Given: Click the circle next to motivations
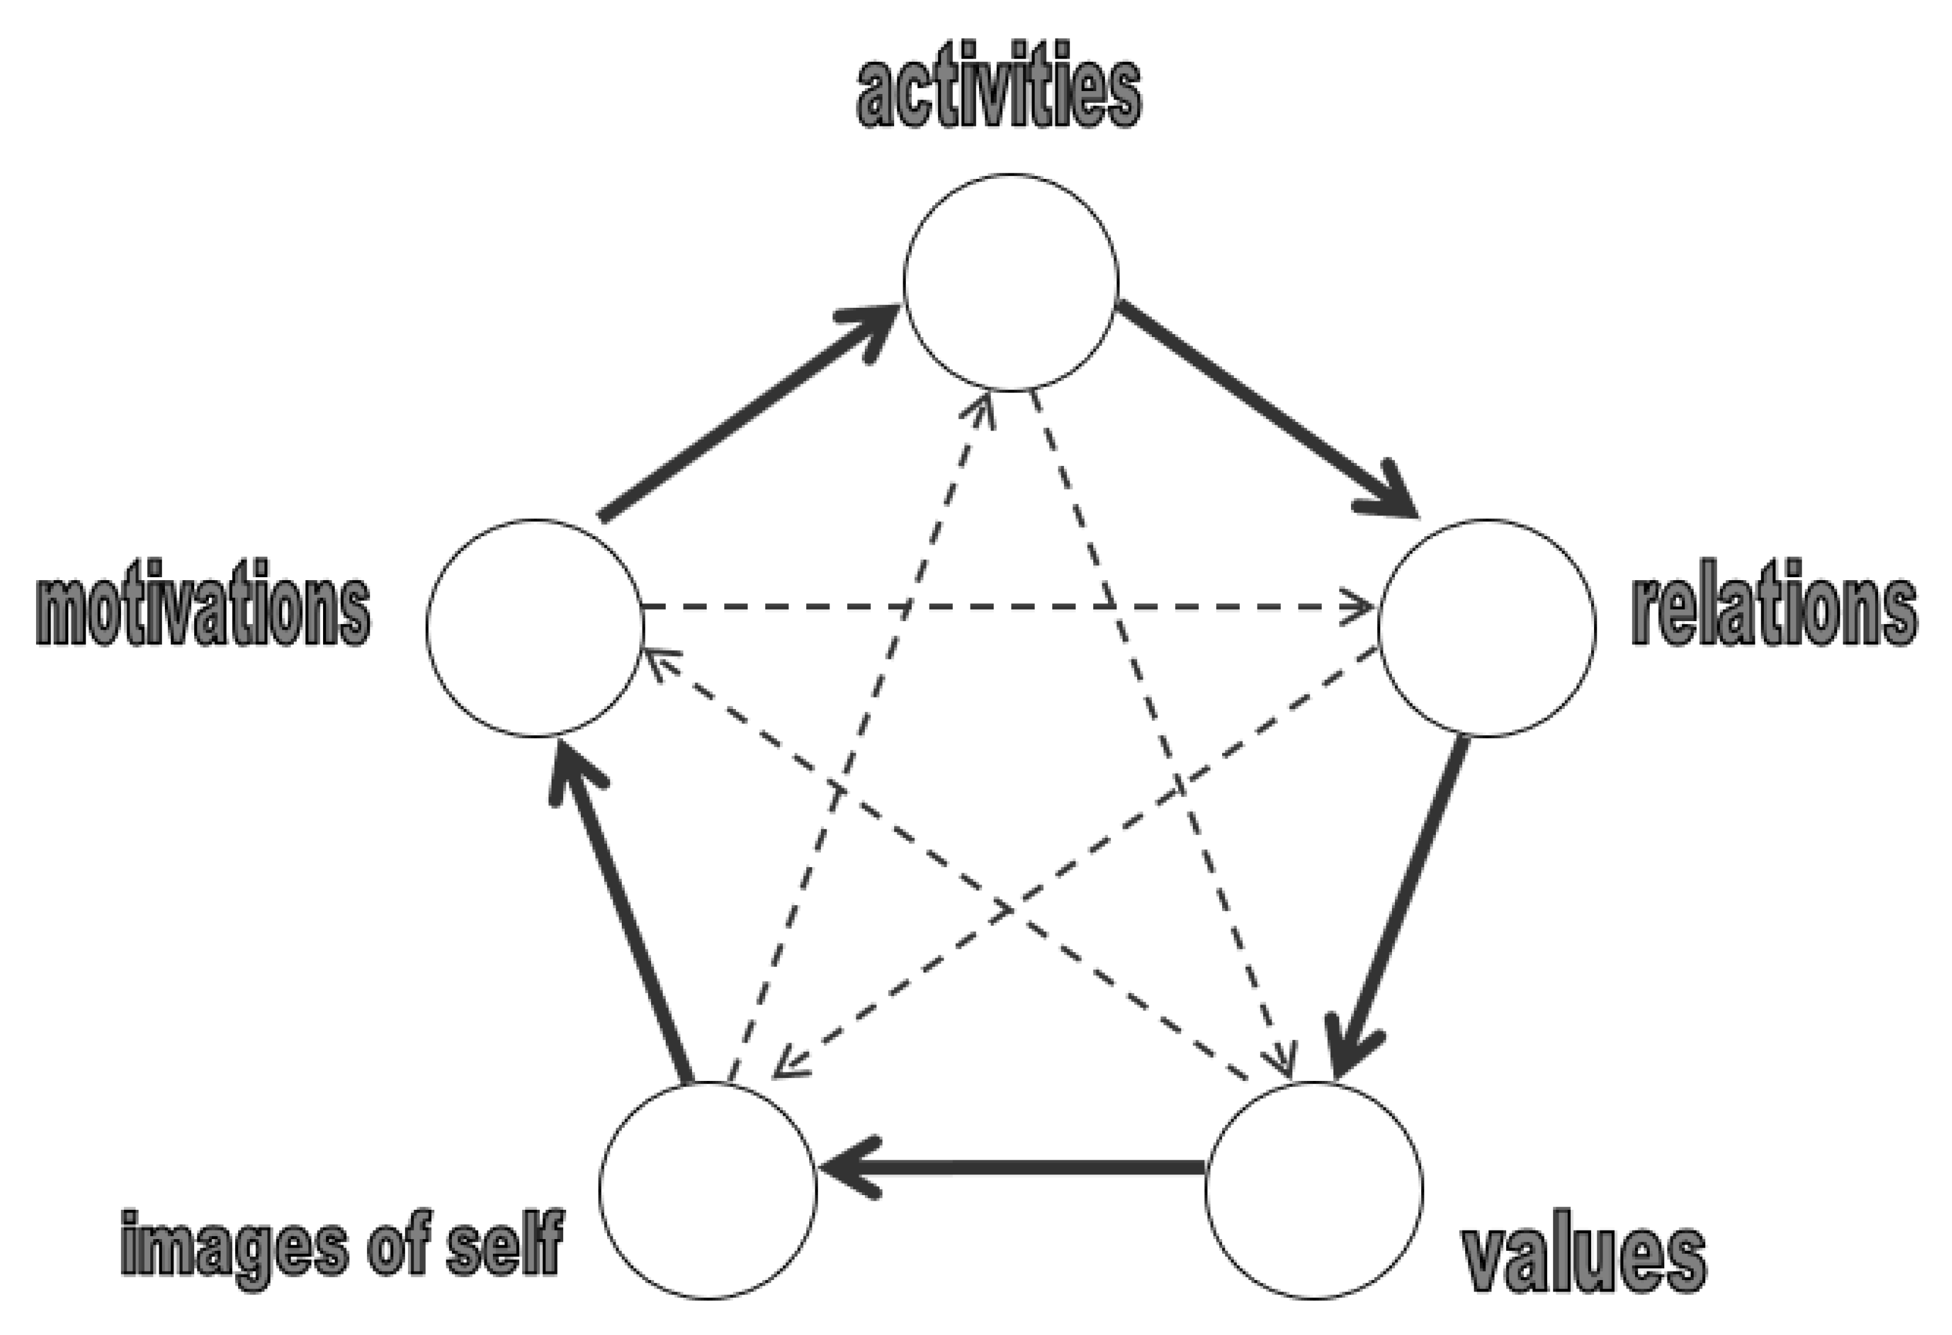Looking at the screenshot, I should (535, 628).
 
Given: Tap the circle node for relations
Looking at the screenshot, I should (1487, 628).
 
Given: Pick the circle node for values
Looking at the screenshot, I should (1314, 1191).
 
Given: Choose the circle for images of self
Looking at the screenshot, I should (708, 1191).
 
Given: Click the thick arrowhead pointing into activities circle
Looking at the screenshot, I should (873, 327).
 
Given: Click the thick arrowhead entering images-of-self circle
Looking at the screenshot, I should (848, 1167).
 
